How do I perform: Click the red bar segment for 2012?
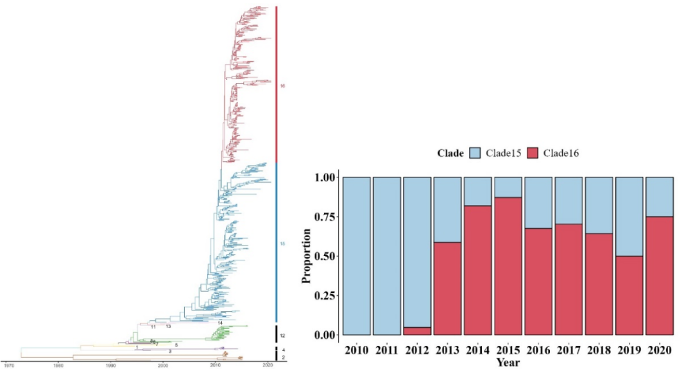pyautogui.click(x=418, y=331)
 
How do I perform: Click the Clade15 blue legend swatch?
pyautogui.click(x=476, y=153)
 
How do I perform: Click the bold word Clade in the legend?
pyautogui.click(x=450, y=153)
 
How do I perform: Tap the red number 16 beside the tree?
pyautogui.click(x=282, y=85)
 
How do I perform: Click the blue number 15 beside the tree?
pyautogui.click(x=282, y=244)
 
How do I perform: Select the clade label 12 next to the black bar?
pyautogui.click(x=282, y=336)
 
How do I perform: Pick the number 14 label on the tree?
pyautogui.click(x=219, y=321)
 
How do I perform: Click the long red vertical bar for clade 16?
pyautogui.click(x=277, y=84)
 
